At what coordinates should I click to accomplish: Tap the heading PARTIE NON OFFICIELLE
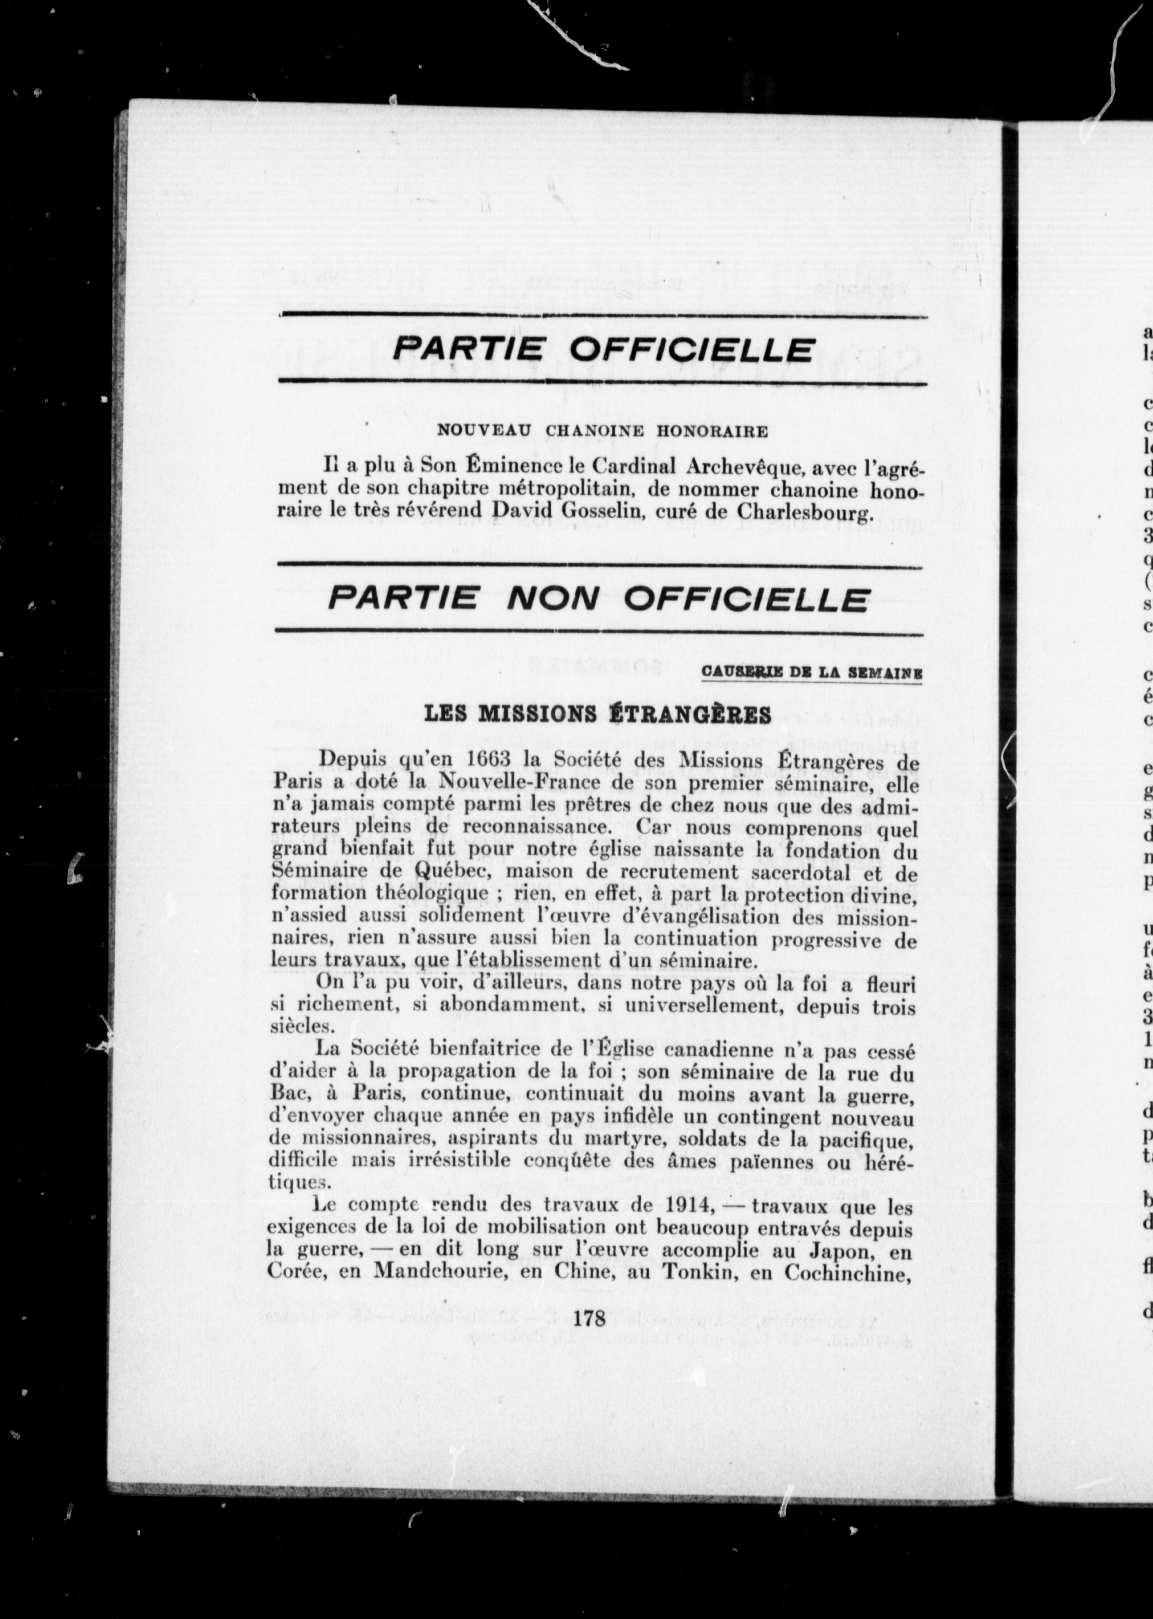(x=598, y=599)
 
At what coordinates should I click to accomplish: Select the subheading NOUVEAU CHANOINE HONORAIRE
(x=602, y=430)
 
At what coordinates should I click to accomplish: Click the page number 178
(x=590, y=1319)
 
